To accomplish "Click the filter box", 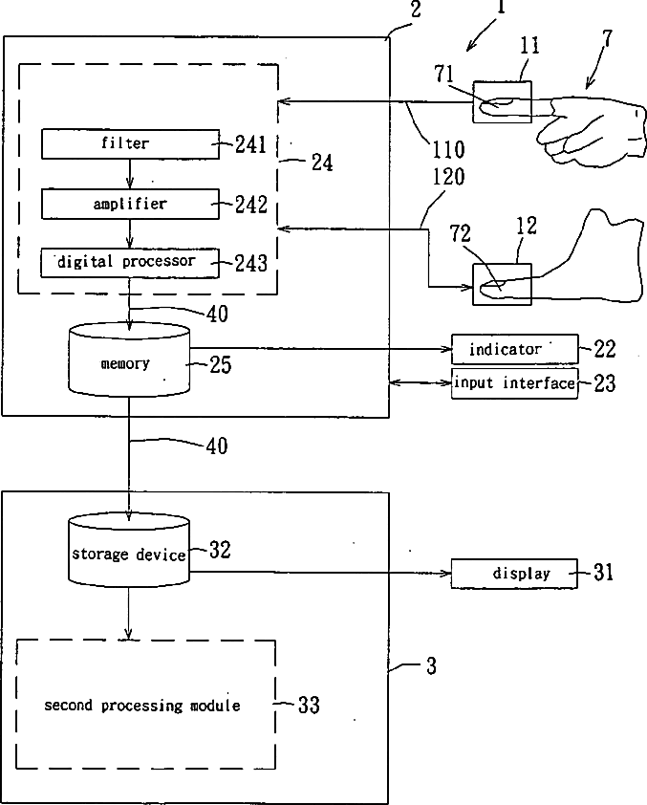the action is click(130, 143).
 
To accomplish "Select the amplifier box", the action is click(130, 204).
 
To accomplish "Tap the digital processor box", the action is click(130, 263).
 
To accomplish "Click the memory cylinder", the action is click(129, 359).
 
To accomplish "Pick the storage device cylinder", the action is click(129, 551).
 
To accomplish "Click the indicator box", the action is click(514, 349).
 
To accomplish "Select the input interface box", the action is click(514, 383).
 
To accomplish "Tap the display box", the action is click(514, 574).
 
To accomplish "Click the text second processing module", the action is click(142, 706).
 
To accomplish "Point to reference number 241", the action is click(251, 144).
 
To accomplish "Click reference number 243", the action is click(251, 263).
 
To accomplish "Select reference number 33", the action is click(309, 705).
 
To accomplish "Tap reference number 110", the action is click(448, 149).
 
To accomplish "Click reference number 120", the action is click(448, 177).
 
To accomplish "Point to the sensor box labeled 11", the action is click(502, 101).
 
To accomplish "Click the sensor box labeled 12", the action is click(502, 284).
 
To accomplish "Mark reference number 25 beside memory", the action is click(221, 365).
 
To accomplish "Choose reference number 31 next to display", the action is click(603, 572).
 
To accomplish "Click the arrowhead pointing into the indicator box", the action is click(447, 349).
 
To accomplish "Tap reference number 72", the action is click(460, 234).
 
